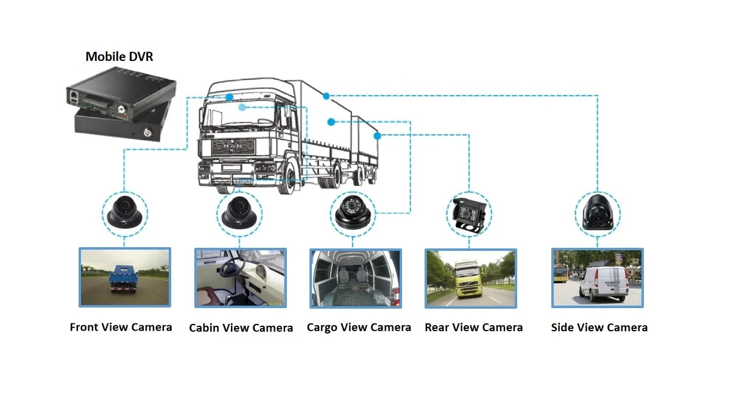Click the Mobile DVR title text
(x=119, y=57)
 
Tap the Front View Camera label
(x=121, y=327)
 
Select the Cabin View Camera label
(x=241, y=328)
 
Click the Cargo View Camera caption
(x=359, y=327)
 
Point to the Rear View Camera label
(x=473, y=327)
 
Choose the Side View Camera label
(x=599, y=327)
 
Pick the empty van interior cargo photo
(x=356, y=277)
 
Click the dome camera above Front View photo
(x=123, y=213)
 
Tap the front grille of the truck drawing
(x=231, y=150)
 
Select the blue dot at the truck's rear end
(x=377, y=136)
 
